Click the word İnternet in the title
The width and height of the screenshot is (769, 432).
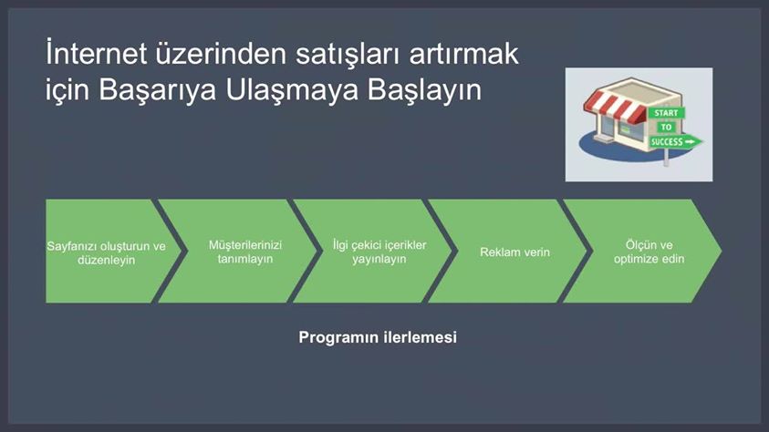pos(96,53)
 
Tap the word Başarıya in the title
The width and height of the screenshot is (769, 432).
pos(157,90)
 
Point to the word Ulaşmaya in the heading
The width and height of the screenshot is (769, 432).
pos(292,90)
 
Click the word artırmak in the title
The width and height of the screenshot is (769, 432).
pos(464,53)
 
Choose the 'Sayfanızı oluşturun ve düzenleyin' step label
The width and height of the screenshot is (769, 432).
pos(107,252)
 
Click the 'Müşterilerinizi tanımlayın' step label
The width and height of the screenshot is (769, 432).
pos(245,252)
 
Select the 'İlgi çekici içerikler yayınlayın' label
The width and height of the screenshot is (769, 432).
pos(379,252)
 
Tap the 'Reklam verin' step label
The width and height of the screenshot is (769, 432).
pos(515,252)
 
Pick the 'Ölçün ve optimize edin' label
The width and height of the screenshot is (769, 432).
pos(649,252)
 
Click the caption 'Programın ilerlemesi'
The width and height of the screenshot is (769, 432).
pos(378,337)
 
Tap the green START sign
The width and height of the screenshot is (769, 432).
pos(666,113)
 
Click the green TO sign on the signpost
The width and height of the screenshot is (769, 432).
pos(666,128)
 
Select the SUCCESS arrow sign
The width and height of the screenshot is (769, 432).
pos(676,142)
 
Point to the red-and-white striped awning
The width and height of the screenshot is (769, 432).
pos(615,107)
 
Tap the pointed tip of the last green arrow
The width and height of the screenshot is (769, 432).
pos(721,251)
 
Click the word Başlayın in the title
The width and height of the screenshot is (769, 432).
pos(425,90)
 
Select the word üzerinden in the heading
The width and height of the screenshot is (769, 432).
pos(221,53)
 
